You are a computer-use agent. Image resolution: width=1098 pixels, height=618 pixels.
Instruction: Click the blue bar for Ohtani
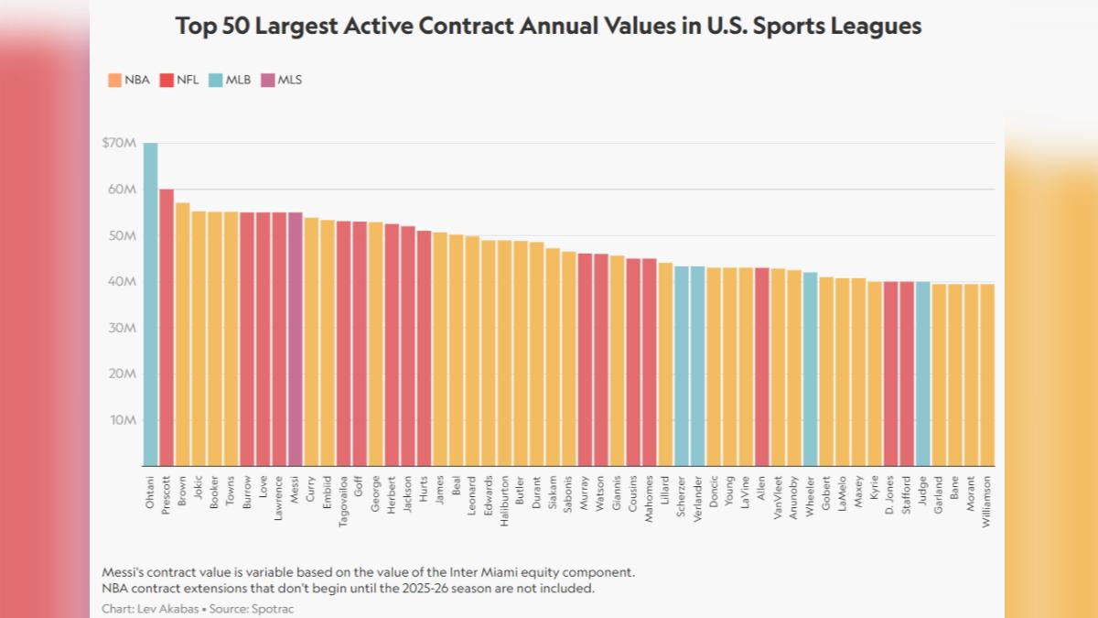[150, 304]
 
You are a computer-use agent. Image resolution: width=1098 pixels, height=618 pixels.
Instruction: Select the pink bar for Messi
[295, 339]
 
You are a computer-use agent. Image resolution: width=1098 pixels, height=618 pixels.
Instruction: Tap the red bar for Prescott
[167, 327]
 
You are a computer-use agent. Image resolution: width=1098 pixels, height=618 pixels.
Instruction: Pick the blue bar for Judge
[923, 374]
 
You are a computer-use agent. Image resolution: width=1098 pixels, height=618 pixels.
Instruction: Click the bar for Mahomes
[650, 362]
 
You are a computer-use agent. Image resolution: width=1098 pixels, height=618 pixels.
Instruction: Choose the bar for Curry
[311, 342]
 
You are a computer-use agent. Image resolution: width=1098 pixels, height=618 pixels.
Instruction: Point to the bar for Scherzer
[682, 366]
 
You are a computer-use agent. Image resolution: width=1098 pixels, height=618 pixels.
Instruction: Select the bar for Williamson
[987, 374]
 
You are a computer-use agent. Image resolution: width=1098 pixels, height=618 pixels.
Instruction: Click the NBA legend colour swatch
[114, 80]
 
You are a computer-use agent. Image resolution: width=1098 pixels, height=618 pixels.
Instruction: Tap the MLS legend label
[290, 80]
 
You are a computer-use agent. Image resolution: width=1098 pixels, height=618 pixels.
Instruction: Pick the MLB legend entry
[230, 80]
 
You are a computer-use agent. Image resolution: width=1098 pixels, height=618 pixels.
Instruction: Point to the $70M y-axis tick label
[119, 143]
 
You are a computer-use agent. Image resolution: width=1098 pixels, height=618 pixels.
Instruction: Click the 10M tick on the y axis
[123, 420]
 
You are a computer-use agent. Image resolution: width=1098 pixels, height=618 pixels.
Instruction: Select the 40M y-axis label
[122, 281]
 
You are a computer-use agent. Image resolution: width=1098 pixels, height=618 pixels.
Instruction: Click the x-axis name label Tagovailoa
[343, 502]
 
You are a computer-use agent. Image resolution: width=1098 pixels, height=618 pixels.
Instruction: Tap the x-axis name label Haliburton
[504, 501]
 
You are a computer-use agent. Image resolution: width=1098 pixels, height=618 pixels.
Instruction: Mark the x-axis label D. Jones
[890, 494]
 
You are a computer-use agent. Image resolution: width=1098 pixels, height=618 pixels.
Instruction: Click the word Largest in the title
[296, 26]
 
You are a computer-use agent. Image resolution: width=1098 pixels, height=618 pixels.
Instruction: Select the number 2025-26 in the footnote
[425, 588]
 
